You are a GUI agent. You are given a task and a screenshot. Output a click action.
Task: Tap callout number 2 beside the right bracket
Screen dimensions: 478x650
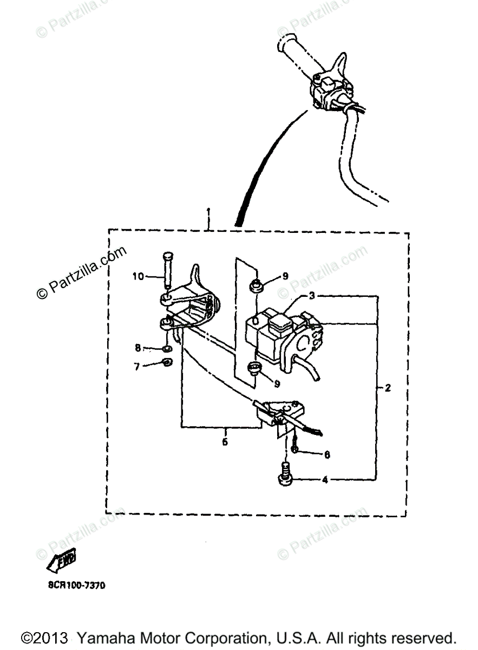tap(388, 388)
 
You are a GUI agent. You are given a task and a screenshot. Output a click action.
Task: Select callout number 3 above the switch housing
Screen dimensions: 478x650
tap(312, 296)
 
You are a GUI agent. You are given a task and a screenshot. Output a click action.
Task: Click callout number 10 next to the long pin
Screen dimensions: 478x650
tap(138, 277)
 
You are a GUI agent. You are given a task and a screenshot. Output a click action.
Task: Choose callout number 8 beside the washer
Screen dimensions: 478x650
tap(138, 347)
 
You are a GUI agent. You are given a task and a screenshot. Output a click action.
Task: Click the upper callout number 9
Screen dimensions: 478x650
tap(285, 276)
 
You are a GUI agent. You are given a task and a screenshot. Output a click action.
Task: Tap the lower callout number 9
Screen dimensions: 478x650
tap(277, 383)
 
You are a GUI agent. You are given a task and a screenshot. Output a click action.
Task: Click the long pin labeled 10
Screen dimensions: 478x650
tap(167, 274)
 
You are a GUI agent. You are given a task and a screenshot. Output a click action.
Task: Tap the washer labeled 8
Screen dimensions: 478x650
tap(167, 348)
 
